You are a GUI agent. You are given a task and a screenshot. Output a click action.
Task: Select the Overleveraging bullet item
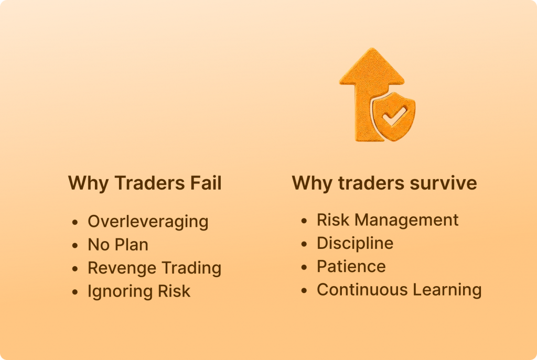148,222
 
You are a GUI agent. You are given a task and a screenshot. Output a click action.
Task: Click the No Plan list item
118,245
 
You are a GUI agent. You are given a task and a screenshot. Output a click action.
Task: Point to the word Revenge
122,268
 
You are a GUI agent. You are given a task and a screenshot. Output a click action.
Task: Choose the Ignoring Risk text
139,291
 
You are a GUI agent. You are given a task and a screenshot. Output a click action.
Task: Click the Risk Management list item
388,220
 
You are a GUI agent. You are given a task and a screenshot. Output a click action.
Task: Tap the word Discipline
355,244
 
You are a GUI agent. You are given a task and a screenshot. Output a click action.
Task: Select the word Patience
351,267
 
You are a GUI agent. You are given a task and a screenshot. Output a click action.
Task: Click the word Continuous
362,289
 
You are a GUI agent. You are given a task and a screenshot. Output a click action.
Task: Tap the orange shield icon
394,116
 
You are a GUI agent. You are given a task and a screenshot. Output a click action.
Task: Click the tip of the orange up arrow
372,48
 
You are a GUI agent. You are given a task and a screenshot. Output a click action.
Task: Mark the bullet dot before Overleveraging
75,222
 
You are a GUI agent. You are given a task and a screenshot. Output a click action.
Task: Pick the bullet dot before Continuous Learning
304,290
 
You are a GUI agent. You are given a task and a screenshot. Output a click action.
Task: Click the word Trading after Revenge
191,268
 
